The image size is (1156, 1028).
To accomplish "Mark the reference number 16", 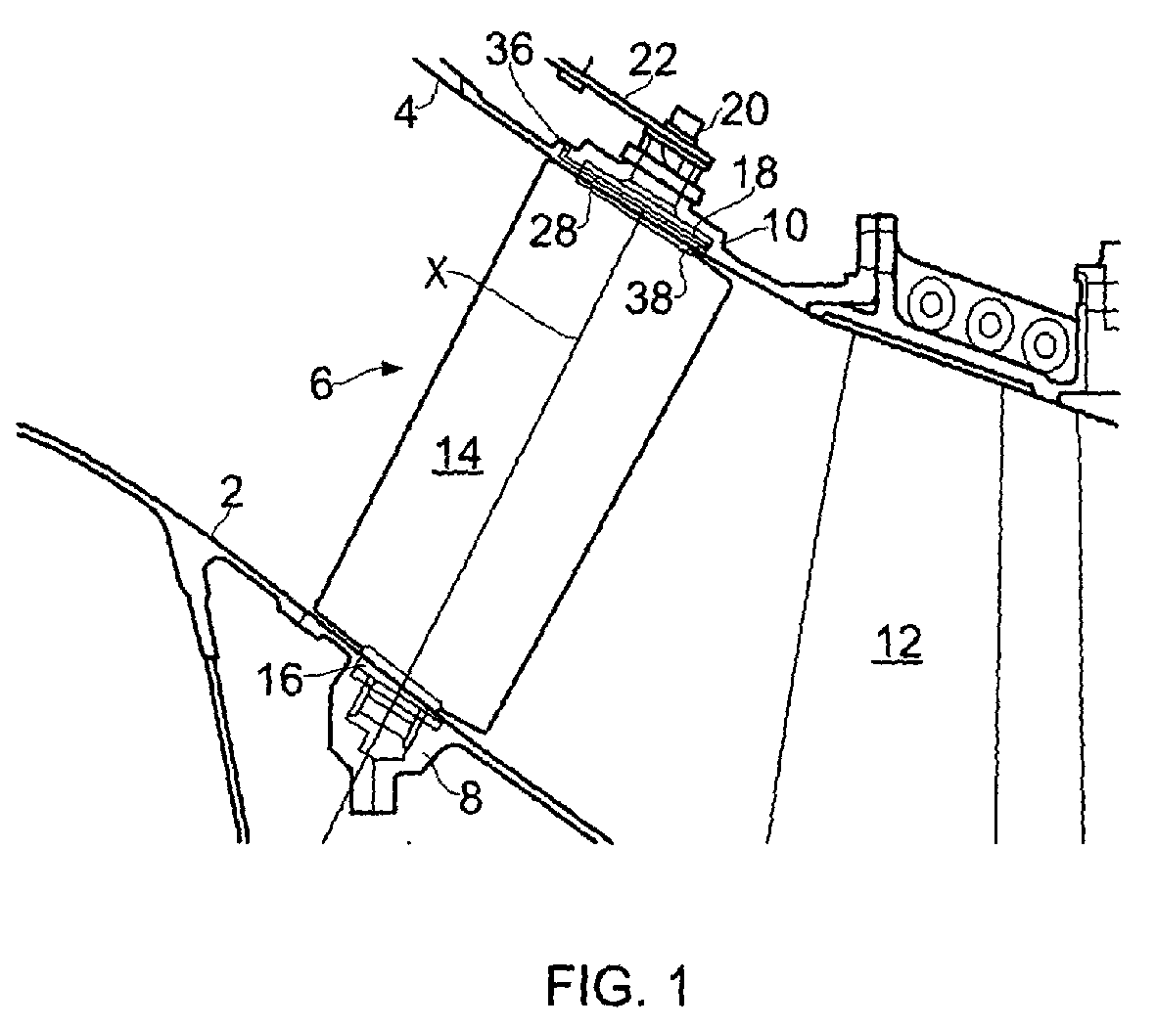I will [281, 679].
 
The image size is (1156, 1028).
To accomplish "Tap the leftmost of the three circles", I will [930, 304].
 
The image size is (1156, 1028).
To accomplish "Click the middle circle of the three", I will [989, 324].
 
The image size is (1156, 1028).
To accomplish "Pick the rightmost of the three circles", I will [1044, 342].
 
